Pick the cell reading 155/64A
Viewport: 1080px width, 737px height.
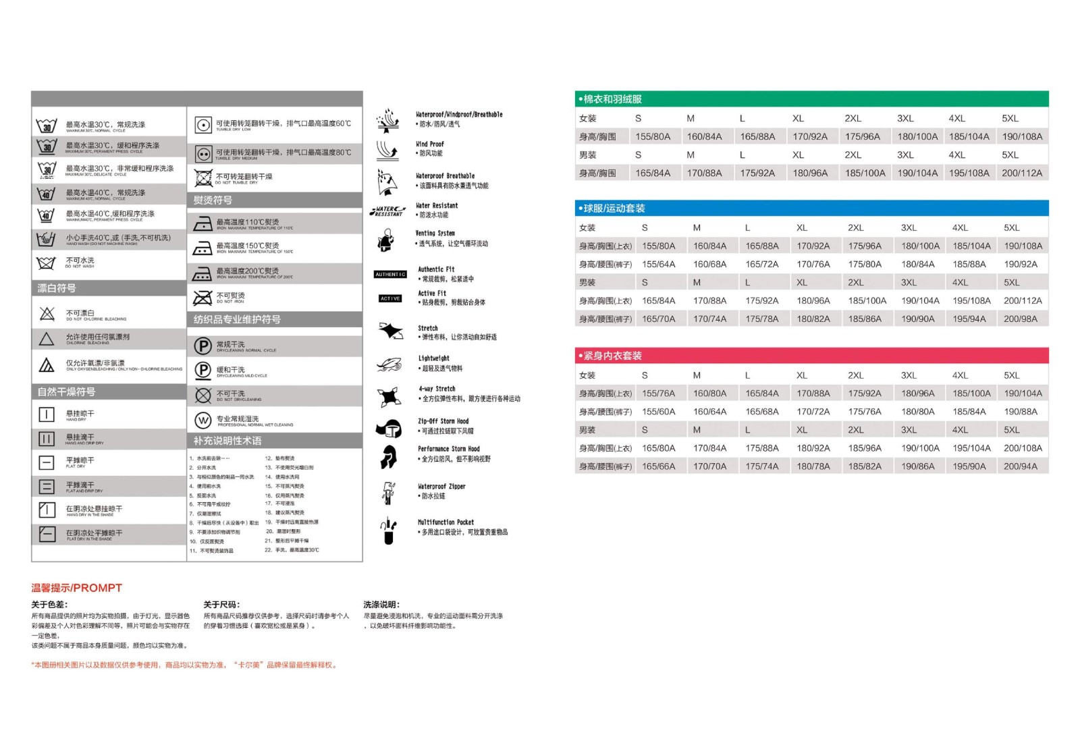click(x=658, y=265)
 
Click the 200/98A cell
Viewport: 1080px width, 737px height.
click(x=1020, y=319)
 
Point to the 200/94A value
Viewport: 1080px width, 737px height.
click(x=1020, y=466)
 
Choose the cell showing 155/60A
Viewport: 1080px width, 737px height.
click(x=658, y=412)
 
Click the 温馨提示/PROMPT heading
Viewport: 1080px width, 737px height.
click(x=76, y=588)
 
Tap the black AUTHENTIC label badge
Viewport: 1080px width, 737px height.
click(x=390, y=275)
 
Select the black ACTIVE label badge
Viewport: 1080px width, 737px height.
click(x=390, y=298)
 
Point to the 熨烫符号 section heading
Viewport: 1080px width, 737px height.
click(x=213, y=200)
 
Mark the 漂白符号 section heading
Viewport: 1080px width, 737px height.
click(x=57, y=288)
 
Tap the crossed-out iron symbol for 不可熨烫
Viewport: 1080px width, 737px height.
click(x=202, y=298)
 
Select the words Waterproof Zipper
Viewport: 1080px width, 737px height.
click(x=441, y=487)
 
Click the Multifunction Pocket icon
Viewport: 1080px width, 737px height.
click(x=388, y=531)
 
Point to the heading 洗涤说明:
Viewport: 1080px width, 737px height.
click(x=381, y=605)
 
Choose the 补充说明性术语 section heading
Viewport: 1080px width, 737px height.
click(x=227, y=441)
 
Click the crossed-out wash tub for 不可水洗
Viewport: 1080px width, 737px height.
click(x=46, y=263)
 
